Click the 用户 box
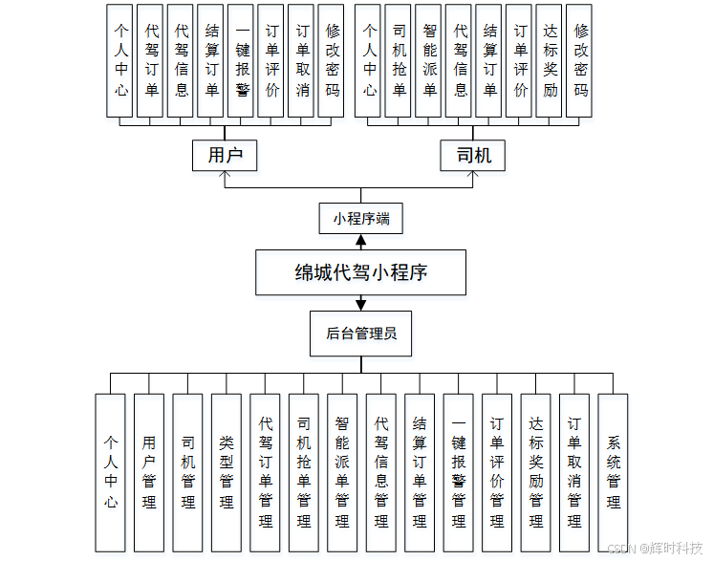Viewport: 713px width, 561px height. [225, 155]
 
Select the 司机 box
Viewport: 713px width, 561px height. [473, 155]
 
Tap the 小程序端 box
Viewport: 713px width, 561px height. [360, 219]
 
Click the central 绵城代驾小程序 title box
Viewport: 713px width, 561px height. [360, 272]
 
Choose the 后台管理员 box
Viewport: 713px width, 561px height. [360, 334]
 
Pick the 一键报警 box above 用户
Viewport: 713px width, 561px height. [241, 60]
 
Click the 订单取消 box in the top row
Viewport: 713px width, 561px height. [301, 60]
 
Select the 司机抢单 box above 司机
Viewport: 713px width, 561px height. [400, 60]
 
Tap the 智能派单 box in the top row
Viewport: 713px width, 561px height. [429, 60]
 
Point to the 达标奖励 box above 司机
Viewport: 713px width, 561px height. [549, 60]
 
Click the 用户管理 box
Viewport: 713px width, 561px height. [149, 472]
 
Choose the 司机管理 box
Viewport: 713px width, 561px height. [187, 472]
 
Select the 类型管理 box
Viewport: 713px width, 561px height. [226, 472]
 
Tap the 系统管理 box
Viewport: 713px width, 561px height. [613, 472]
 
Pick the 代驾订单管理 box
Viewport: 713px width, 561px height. [265, 472]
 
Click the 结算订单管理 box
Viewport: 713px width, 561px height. [420, 472]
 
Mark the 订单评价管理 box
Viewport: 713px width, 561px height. [497, 472]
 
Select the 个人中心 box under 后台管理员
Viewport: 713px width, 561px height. [111, 472]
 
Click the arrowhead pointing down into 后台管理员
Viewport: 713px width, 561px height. [360, 305]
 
